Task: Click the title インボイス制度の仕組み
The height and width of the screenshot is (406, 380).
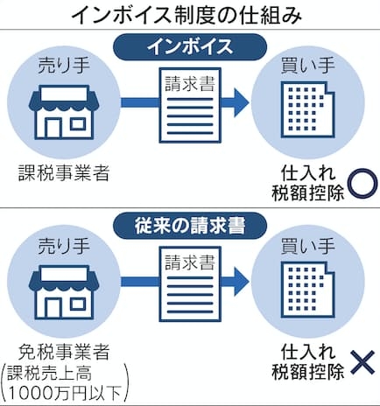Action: click(x=186, y=15)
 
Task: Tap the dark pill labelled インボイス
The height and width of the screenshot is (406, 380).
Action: click(x=190, y=47)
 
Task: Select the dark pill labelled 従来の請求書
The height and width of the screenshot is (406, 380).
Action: click(x=190, y=226)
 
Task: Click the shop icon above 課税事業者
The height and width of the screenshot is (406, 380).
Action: click(x=64, y=112)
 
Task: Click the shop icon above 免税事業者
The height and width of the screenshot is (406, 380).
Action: click(x=64, y=291)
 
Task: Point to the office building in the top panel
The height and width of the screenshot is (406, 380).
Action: click(x=307, y=109)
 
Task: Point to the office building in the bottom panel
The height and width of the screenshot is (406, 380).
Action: click(x=307, y=290)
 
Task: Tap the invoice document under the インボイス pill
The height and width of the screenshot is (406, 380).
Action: click(x=190, y=105)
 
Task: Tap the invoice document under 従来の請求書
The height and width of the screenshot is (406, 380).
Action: click(x=190, y=284)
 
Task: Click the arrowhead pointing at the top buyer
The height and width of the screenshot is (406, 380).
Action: click(x=241, y=102)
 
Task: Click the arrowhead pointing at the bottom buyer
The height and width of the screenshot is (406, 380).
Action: click(x=241, y=282)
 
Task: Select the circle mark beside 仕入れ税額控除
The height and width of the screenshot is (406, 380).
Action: click(x=362, y=184)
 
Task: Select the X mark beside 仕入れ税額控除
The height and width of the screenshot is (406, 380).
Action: click(x=362, y=362)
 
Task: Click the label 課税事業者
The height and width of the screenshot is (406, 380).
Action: click(x=64, y=172)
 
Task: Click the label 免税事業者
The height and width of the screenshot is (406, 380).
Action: click(x=64, y=352)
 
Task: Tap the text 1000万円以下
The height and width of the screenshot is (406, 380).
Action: click(x=64, y=393)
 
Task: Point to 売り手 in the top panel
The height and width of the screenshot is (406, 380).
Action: click(x=64, y=65)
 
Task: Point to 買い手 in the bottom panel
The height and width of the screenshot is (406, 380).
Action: click(x=308, y=246)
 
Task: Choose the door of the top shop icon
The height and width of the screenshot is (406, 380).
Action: click(x=53, y=129)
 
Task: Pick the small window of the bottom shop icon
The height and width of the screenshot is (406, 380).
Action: click(x=78, y=304)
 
